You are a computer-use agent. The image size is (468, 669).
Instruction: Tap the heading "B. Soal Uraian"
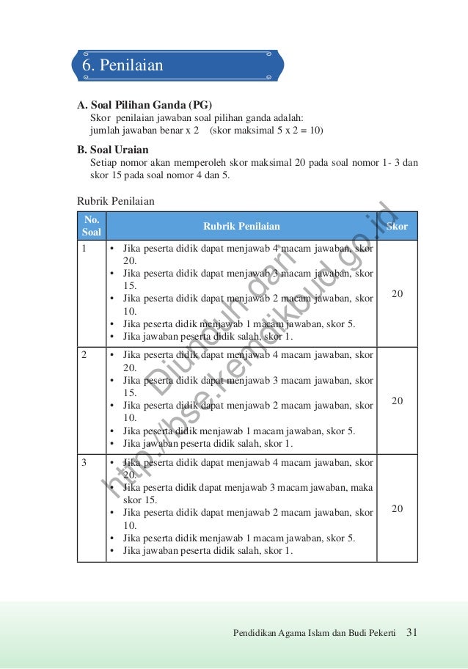[x=113, y=150]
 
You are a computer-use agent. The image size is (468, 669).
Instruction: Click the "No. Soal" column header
[x=92, y=226]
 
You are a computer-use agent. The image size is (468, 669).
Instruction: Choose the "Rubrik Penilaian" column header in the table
[x=241, y=227]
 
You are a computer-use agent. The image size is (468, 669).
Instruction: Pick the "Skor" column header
[x=397, y=227]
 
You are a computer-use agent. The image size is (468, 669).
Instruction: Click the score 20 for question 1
[x=397, y=293]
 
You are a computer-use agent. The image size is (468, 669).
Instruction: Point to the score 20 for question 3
[x=397, y=508]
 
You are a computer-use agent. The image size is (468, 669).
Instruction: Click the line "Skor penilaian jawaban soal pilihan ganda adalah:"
[x=197, y=117]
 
